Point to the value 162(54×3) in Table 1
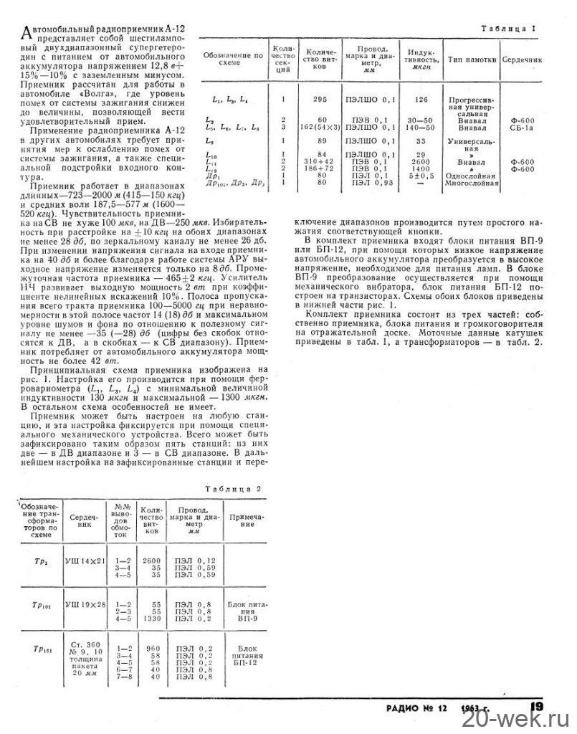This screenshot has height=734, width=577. coord(315,126)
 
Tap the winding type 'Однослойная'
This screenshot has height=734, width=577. coord(472,176)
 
